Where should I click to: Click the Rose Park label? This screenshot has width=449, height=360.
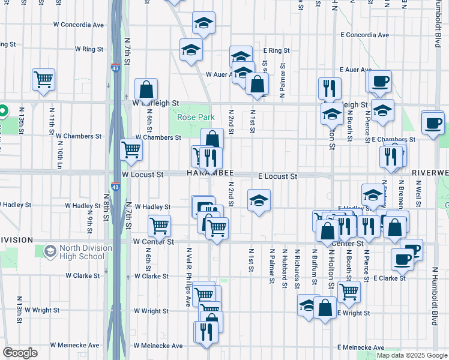pos(195,116)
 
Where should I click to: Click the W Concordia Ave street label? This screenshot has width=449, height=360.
pos(78,25)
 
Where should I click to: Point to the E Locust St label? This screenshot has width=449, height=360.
pos(277,176)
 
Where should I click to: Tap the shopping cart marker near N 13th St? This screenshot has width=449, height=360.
pos(43,79)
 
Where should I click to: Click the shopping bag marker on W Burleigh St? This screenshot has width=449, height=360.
pos(146,90)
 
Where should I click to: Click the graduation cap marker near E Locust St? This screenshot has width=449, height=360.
pos(259,201)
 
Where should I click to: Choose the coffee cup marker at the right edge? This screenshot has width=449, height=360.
pos(433,122)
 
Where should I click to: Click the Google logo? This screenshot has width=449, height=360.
pos(20,353)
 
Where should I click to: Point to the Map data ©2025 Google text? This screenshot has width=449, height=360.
pos(412,355)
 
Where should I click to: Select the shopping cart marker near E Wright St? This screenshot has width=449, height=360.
pos(349,292)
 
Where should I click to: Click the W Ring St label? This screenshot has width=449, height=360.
pos(89,49)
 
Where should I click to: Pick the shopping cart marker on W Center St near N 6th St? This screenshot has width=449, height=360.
pos(159,226)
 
